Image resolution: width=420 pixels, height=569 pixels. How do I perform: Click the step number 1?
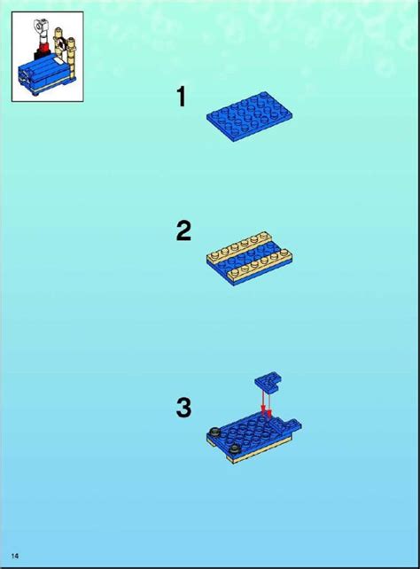182,97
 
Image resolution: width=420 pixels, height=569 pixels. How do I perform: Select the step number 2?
183,231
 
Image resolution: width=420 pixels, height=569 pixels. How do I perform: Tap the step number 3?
183,408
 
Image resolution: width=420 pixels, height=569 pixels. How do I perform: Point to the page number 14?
15,555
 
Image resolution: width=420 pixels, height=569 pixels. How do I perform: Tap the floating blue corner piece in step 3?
269,382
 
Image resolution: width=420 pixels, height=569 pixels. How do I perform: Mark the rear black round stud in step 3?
215,432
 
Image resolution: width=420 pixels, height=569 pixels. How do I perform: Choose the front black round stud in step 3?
231,449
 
